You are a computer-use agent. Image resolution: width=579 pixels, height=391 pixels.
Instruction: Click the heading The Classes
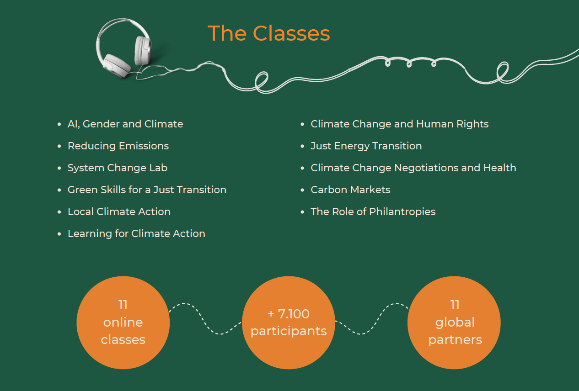tap(269, 33)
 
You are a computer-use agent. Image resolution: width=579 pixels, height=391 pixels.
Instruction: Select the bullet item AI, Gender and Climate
tap(125, 124)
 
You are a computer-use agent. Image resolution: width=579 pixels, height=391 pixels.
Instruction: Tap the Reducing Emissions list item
tap(118, 146)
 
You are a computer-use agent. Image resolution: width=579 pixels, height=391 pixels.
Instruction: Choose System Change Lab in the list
tap(118, 168)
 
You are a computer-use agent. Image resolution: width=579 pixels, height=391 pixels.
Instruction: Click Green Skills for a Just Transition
tap(147, 190)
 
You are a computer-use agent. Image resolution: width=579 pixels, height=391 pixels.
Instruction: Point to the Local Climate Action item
tap(119, 211)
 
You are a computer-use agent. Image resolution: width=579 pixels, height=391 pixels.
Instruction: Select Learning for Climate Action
tap(136, 234)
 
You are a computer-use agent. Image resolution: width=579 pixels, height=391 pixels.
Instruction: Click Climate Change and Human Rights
tap(400, 124)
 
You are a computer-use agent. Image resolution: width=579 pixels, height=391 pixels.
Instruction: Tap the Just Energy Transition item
tap(366, 146)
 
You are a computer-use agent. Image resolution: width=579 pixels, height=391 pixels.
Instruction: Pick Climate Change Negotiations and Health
tap(413, 168)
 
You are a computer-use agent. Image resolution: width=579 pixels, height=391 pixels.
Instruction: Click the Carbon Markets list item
tap(350, 190)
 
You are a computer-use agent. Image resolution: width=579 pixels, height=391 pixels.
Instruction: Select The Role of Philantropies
tap(373, 212)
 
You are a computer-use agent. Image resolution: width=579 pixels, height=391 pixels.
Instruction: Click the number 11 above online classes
tap(123, 305)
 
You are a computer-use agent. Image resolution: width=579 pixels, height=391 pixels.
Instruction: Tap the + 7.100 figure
tap(289, 314)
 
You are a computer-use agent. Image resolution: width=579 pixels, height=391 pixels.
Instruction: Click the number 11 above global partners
tap(455, 305)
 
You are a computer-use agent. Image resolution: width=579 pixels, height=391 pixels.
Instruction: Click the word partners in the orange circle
tap(455, 340)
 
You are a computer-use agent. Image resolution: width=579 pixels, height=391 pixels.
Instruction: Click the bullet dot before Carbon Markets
tap(302, 190)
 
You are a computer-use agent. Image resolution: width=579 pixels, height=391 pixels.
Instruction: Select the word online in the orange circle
tap(123, 322)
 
